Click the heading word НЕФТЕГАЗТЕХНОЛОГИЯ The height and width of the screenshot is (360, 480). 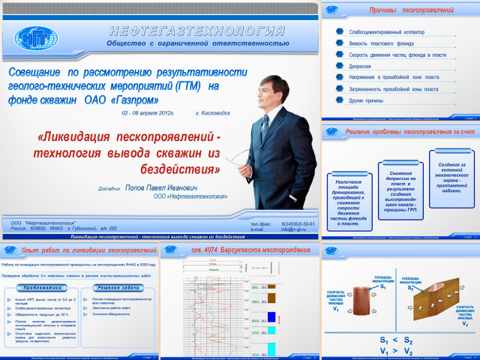197,31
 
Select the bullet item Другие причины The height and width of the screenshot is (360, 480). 366,100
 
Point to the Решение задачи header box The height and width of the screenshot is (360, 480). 120,288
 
